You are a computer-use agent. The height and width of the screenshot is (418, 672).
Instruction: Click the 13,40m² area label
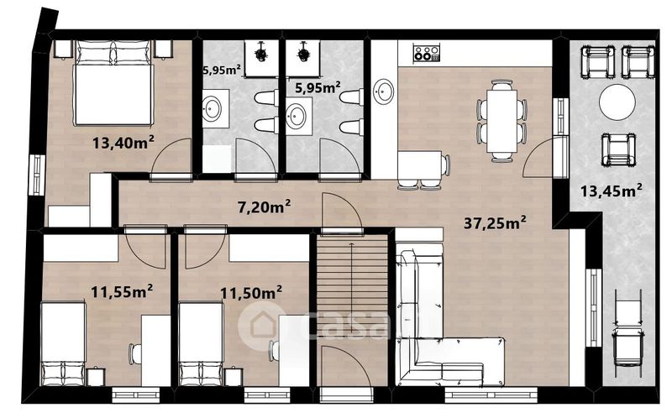coord(123,142)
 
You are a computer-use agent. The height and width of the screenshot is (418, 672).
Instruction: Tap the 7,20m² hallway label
coord(265,206)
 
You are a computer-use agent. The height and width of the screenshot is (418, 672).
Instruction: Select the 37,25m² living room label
coord(495,222)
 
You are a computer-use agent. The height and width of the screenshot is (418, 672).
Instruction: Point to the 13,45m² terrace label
coord(612,191)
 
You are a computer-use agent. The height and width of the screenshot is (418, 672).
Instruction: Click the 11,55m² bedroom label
coord(122,292)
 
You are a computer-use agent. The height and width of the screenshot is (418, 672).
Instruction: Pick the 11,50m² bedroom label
coord(251,294)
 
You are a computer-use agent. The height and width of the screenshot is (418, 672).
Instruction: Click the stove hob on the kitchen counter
coord(427,52)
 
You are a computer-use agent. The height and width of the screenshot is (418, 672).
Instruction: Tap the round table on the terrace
coord(617,102)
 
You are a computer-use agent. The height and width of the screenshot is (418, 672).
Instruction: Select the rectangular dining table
coord(501,121)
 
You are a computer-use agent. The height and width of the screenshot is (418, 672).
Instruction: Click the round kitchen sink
coord(384,91)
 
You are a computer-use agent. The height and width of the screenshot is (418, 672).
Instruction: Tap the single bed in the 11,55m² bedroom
coord(63,344)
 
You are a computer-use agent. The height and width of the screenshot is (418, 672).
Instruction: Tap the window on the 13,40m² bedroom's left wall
coord(38,175)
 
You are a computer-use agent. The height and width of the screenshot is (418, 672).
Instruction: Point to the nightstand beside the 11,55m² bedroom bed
coord(96,377)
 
